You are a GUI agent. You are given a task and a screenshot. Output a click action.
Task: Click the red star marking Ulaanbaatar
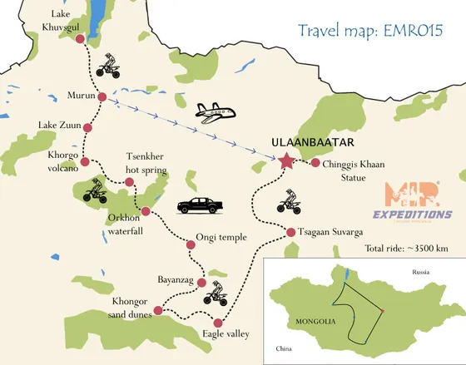(x=287, y=161)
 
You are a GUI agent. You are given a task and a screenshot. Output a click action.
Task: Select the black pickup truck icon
(x=196, y=205)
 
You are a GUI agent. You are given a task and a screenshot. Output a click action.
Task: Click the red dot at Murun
(x=102, y=97)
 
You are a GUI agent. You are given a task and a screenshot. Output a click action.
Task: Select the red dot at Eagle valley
(x=218, y=323)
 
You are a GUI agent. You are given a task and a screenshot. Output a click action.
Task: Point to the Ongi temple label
(x=221, y=237)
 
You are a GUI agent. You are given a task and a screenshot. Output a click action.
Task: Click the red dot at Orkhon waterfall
(x=146, y=211)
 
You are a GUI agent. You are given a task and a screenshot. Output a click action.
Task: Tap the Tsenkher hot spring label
(x=146, y=164)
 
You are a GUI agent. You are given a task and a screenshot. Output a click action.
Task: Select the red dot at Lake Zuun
(x=87, y=127)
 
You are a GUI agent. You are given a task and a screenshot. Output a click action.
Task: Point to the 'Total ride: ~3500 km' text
(x=407, y=248)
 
